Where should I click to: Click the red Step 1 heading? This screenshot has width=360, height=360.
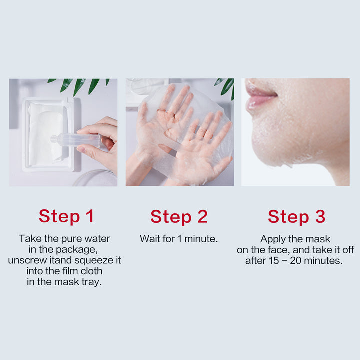coord(66,216)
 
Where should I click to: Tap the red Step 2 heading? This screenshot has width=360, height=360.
coord(179,216)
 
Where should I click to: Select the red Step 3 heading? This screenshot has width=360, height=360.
coord(296,216)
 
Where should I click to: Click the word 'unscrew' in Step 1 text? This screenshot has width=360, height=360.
coord(25,260)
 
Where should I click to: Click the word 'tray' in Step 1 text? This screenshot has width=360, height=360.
coord(92,282)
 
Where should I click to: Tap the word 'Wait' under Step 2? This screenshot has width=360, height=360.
coord(150,239)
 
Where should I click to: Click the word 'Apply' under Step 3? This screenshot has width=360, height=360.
coord(273,239)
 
